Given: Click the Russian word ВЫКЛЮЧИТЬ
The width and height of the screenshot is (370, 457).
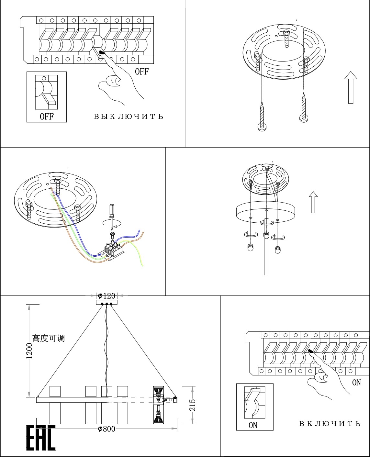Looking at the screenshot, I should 129,117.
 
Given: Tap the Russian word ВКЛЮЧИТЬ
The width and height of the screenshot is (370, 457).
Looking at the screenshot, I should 330,424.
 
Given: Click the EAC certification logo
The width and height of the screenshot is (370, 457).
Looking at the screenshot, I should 41,438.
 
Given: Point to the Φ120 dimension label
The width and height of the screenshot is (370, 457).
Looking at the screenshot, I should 107,296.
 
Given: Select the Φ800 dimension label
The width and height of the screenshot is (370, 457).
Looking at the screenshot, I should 107,429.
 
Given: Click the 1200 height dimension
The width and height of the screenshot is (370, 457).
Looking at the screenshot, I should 29,351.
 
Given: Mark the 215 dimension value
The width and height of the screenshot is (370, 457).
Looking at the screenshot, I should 192,405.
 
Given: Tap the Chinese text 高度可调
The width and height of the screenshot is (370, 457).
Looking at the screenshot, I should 49,338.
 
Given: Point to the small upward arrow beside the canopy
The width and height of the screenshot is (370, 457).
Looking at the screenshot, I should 313,202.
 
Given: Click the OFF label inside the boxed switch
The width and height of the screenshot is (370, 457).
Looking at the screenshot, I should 47,117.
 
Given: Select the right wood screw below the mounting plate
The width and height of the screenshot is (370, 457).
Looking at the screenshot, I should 304,108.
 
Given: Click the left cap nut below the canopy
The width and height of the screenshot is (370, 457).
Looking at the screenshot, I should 250,248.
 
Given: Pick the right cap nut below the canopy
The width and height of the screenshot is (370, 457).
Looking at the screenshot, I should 277,250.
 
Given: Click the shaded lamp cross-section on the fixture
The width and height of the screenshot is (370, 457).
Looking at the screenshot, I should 158,405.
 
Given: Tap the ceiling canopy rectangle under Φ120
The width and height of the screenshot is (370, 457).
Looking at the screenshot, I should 107,302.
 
